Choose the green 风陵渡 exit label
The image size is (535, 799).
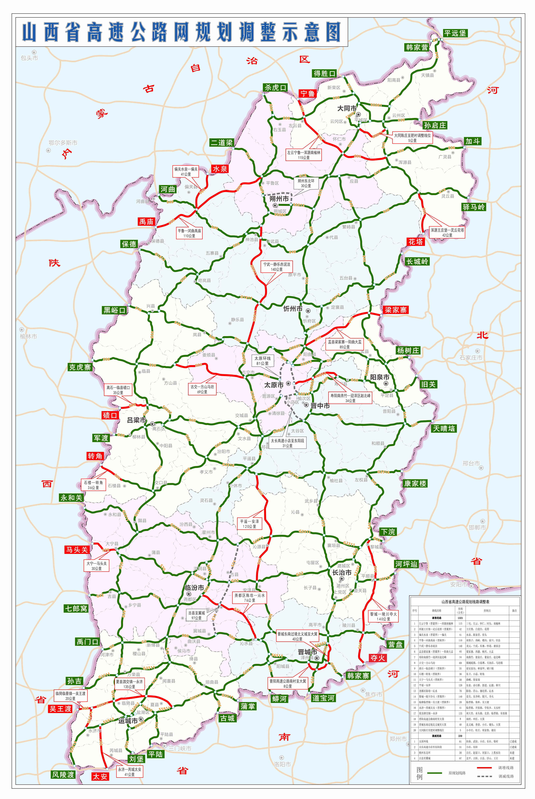click(x=63, y=775)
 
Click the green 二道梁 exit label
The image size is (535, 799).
click(x=221, y=142)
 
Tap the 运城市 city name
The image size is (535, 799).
click(x=128, y=721)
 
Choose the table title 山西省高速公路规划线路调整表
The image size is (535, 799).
click(x=465, y=602)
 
